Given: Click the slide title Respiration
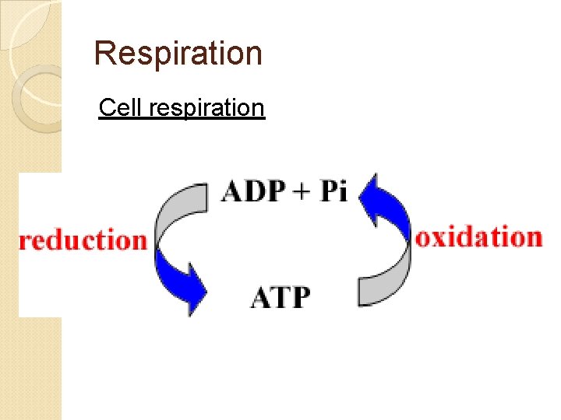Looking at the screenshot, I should pyautogui.click(x=178, y=54).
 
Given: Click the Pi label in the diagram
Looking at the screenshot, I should pyautogui.click(x=333, y=191).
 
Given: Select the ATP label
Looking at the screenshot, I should pyautogui.click(x=280, y=297).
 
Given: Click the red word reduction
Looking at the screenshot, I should pyautogui.click(x=83, y=240).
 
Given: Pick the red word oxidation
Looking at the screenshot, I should pyautogui.click(x=478, y=236).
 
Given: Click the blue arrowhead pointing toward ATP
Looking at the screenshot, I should pyautogui.click(x=189, y=284).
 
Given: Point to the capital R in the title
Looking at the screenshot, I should pyautogui.click(x=104, y=54).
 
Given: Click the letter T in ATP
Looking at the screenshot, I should pyautogui.click(x=280, y=297).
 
